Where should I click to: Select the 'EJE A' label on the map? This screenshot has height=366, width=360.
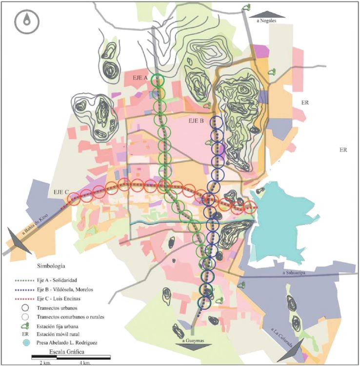click(x=140, y=77)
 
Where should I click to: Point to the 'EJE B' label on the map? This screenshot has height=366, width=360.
click(x=196, y=120)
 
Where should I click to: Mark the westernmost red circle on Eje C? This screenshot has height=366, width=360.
click(x=74, y=198)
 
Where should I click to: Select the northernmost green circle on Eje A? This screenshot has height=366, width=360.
click(x=157, y=80)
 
